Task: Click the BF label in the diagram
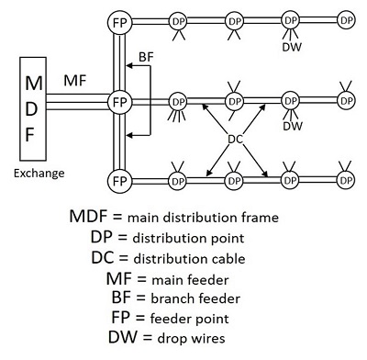coord(145,57)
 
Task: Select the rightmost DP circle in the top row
coord(345,19)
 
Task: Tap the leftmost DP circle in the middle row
coord(179,99)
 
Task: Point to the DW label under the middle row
coord(293,126)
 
